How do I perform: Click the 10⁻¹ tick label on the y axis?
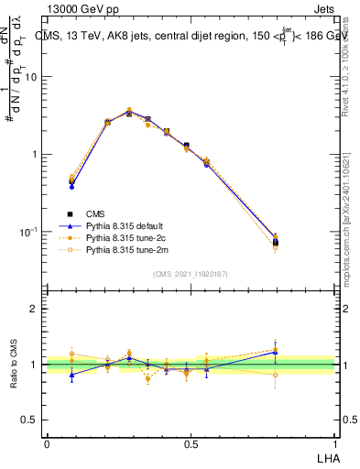tap(31, 231)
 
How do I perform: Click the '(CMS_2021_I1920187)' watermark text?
tap(190, 273)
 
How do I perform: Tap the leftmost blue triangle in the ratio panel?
tap(71, 375)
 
